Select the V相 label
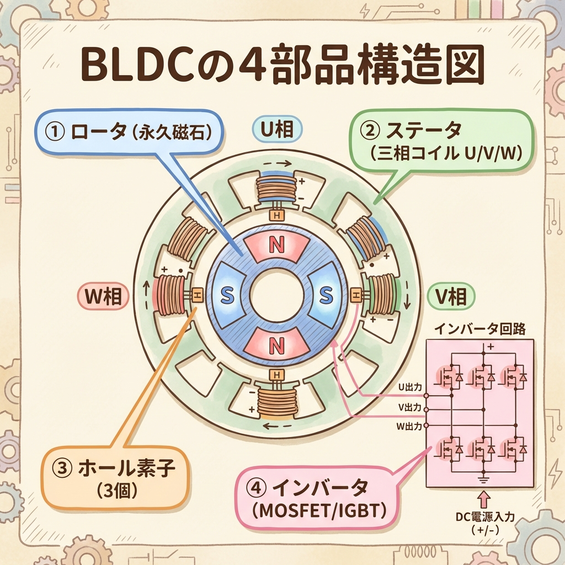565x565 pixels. pos(451,297)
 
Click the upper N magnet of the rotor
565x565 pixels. pos(275,247)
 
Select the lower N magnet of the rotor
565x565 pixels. pos(275,346)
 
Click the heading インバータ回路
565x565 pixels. pos(479,329)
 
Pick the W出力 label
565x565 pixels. pos(410,425)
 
